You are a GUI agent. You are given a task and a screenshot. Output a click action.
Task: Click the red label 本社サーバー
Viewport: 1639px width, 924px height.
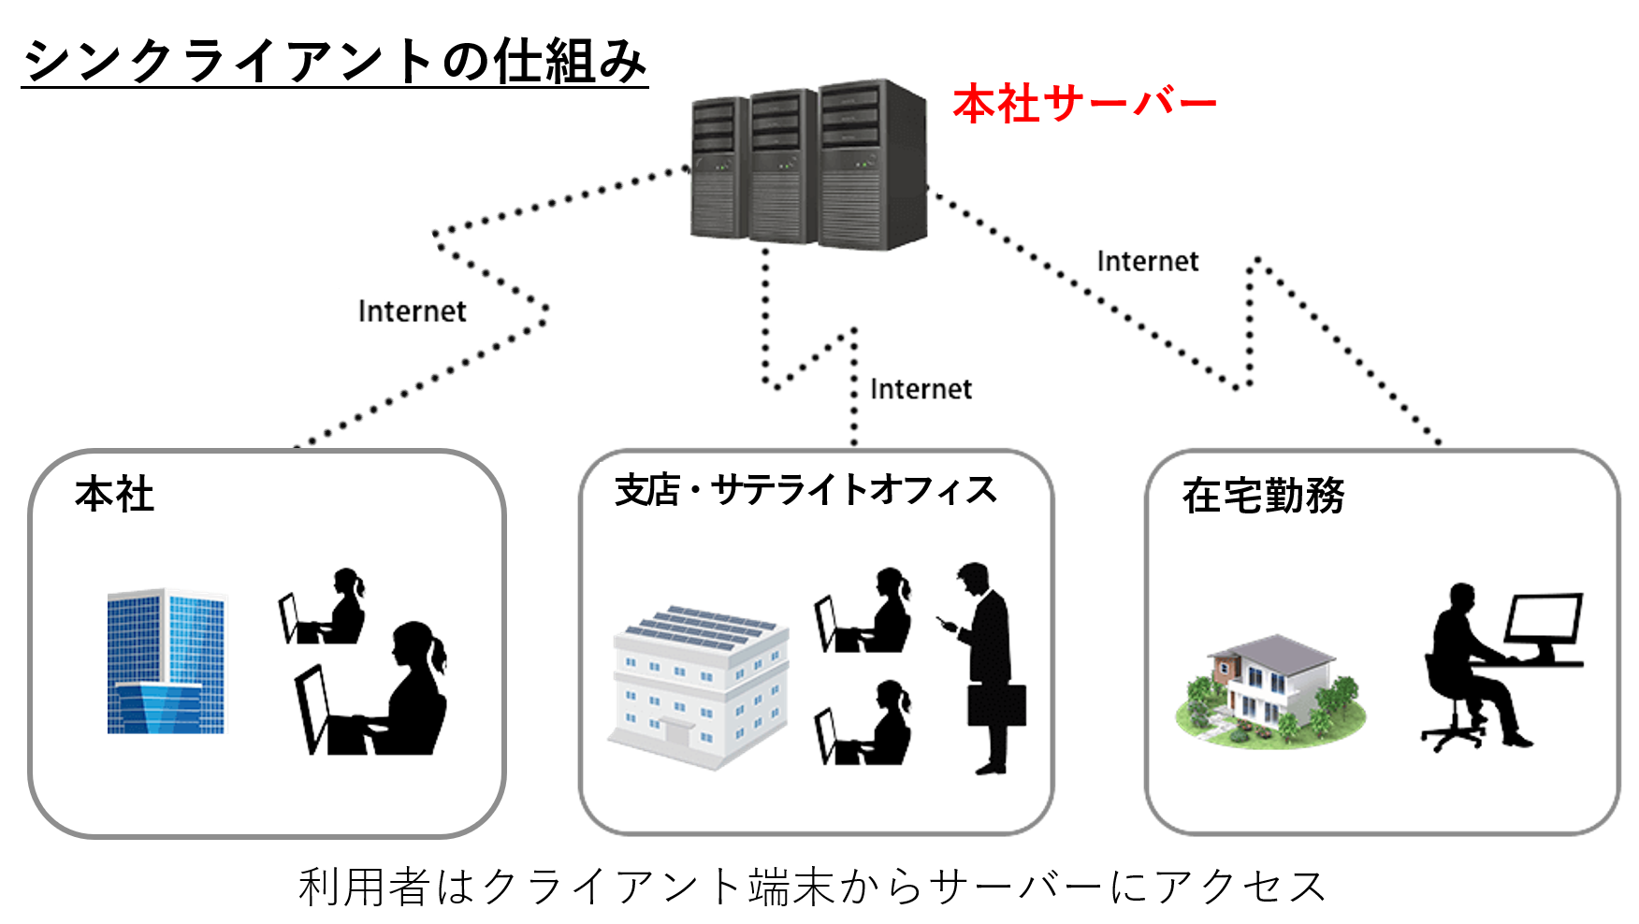point(1084,103)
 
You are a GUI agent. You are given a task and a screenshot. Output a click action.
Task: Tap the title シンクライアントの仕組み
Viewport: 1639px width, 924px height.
point(335,62)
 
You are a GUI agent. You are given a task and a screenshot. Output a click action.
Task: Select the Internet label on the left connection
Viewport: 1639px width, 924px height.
point(412,310)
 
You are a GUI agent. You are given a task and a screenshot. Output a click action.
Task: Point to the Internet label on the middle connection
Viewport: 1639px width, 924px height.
point(921,388)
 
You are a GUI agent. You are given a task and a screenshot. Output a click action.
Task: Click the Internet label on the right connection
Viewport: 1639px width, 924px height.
point(1147,261)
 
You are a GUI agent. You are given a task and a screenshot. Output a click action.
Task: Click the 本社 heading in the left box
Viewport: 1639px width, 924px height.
point(114,494)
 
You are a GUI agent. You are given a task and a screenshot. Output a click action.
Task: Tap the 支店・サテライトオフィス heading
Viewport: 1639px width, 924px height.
point(805,490)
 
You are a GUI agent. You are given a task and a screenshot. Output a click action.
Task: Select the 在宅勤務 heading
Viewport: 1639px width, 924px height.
point(1263,496)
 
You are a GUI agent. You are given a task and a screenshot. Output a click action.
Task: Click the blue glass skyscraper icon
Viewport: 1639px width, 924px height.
point(167,661)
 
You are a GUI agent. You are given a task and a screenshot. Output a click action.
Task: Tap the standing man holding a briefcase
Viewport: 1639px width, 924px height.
point(985,668)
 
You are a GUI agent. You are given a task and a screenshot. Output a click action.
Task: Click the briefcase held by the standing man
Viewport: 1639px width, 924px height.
point(996,705)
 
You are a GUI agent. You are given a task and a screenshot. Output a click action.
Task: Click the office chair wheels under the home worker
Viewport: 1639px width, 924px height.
point(1452,737)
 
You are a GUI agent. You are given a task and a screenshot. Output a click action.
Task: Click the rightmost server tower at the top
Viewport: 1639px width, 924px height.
point(873,165)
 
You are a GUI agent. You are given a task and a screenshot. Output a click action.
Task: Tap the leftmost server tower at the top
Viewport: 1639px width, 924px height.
point(719,168)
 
